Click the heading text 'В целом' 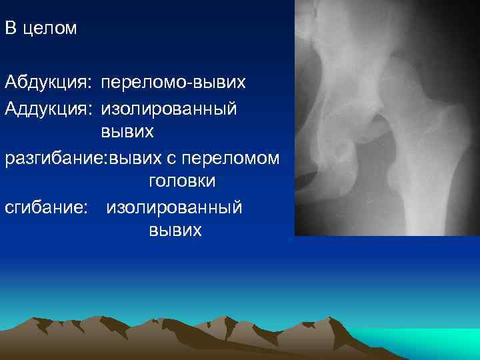pyautogui.click(x=41, y=29)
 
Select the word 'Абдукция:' pyautogui.click(x=48, y=83)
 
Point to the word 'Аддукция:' pyautogui.click(x=48, y=108)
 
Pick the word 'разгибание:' pyautogui.click(x=56, y=158)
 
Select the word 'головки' pyautogui.click(x=177, y=182)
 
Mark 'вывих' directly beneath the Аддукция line pyautogui.click(x=127, y=133)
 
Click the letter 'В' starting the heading pyautogui.click(x=10, y=29)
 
